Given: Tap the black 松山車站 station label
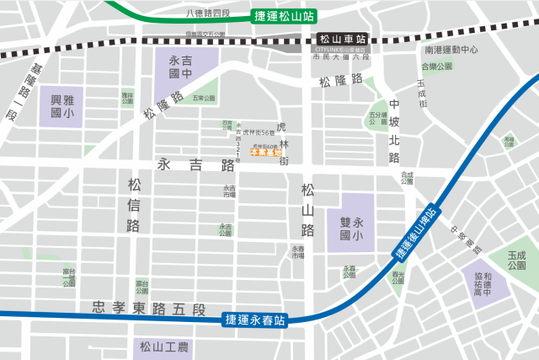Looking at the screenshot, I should pyautogui.click(x=344, y=40).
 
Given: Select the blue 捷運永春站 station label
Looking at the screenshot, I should pyautogui.click(x=255, y=320).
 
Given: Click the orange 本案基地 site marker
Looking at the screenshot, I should pyautogui.click(x=266, y=153).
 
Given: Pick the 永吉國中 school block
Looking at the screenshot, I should pyautogui.click(x=181, y=68).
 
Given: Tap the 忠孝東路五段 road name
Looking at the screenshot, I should pyautogui.click(x=149, y=307).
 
